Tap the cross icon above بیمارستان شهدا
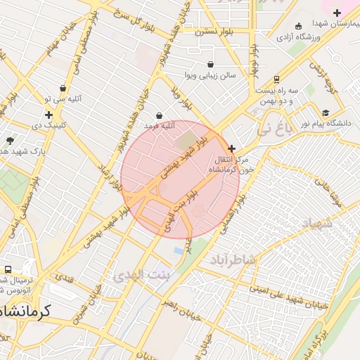click(337, 12)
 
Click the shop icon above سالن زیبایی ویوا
click(210, 64)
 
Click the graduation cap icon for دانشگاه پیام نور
click(325, 112)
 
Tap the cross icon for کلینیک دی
click(49, 115)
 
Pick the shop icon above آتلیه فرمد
click(160, 115)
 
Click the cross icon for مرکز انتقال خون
click(232, 148)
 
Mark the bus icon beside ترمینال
click(8, 269)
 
